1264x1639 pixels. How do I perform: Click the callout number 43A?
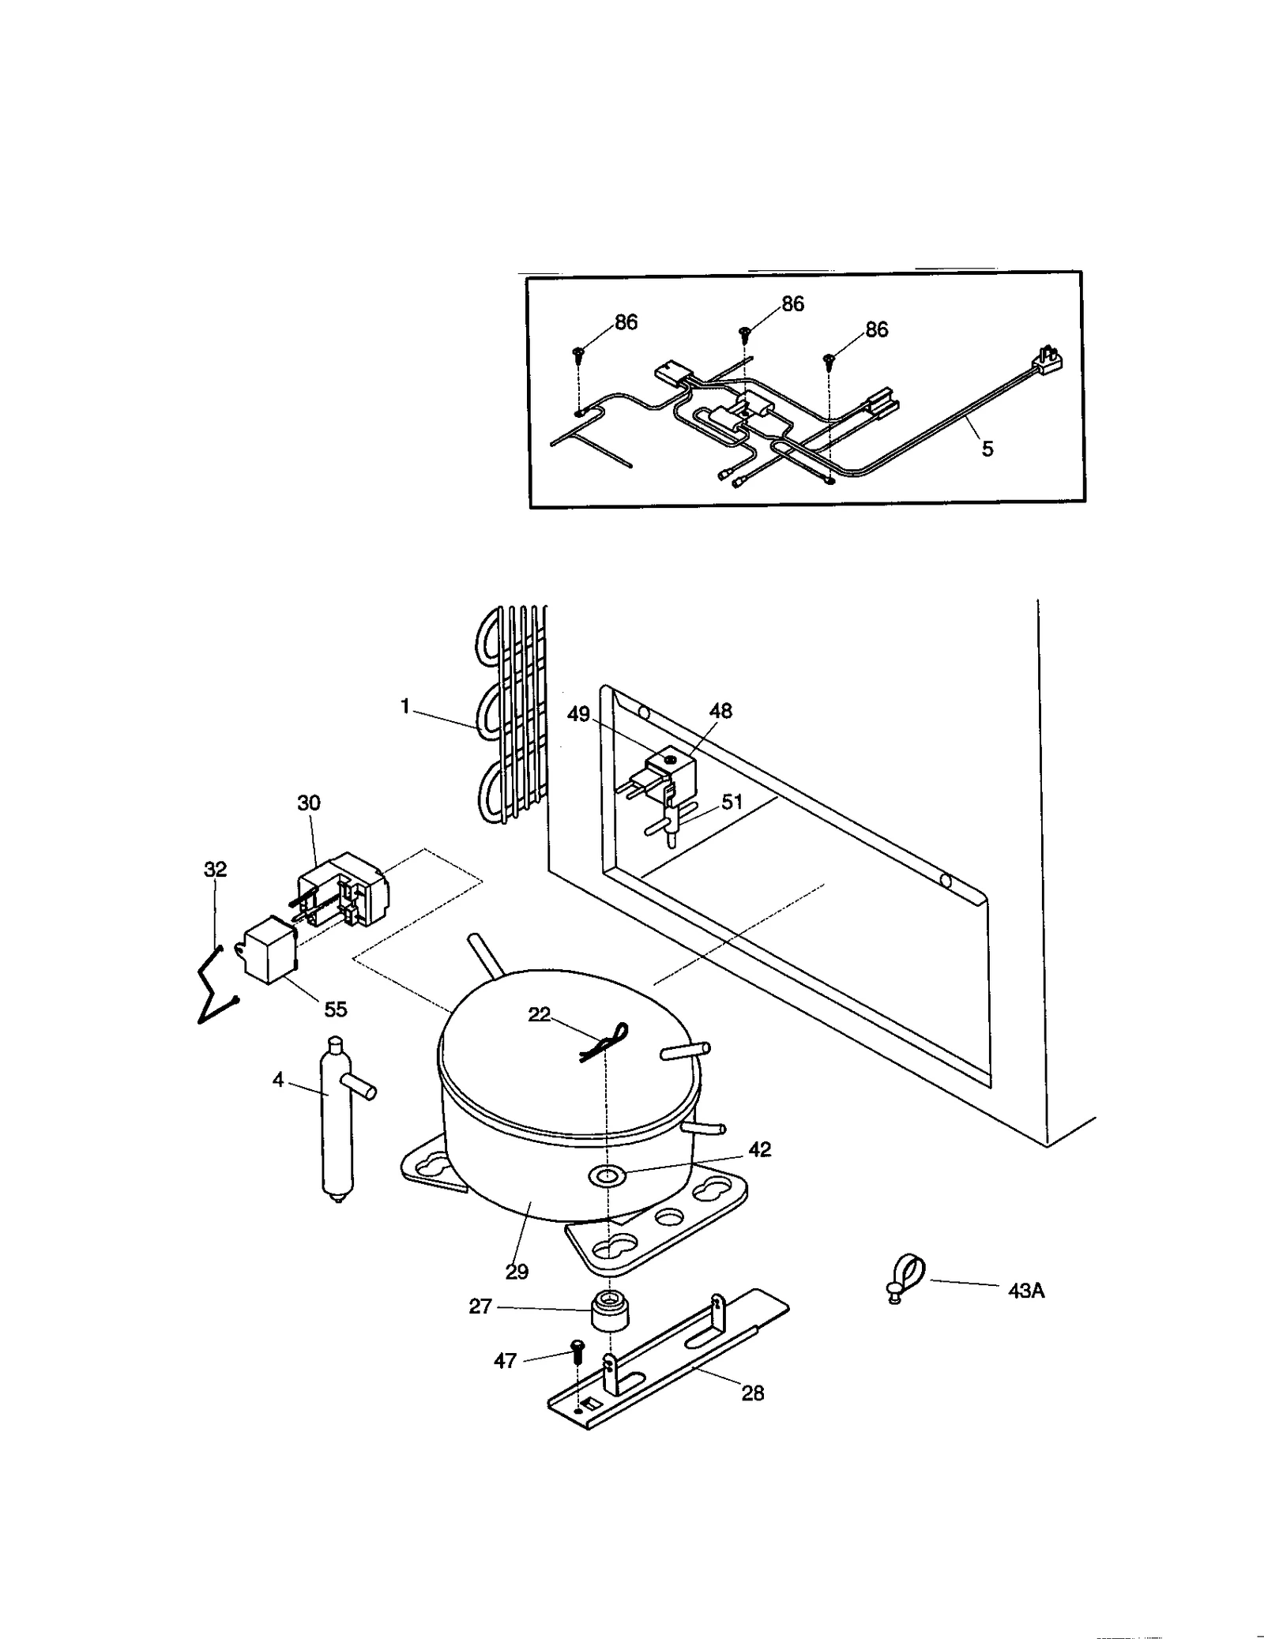tap(1026, 1291)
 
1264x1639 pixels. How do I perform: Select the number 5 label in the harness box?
tap(987, 449)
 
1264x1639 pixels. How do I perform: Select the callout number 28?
tap(752, 1393)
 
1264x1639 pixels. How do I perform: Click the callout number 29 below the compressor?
tap(517, 1271)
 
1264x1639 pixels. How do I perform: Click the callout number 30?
tap(309, 803)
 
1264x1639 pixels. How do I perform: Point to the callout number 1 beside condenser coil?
tap(405, 706)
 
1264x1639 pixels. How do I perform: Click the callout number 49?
tap(578, 714)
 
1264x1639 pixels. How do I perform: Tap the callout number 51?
tap(732, 802)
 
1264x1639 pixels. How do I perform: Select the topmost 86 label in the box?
tap(792, 304)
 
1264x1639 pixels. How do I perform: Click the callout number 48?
tap(720, 711)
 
